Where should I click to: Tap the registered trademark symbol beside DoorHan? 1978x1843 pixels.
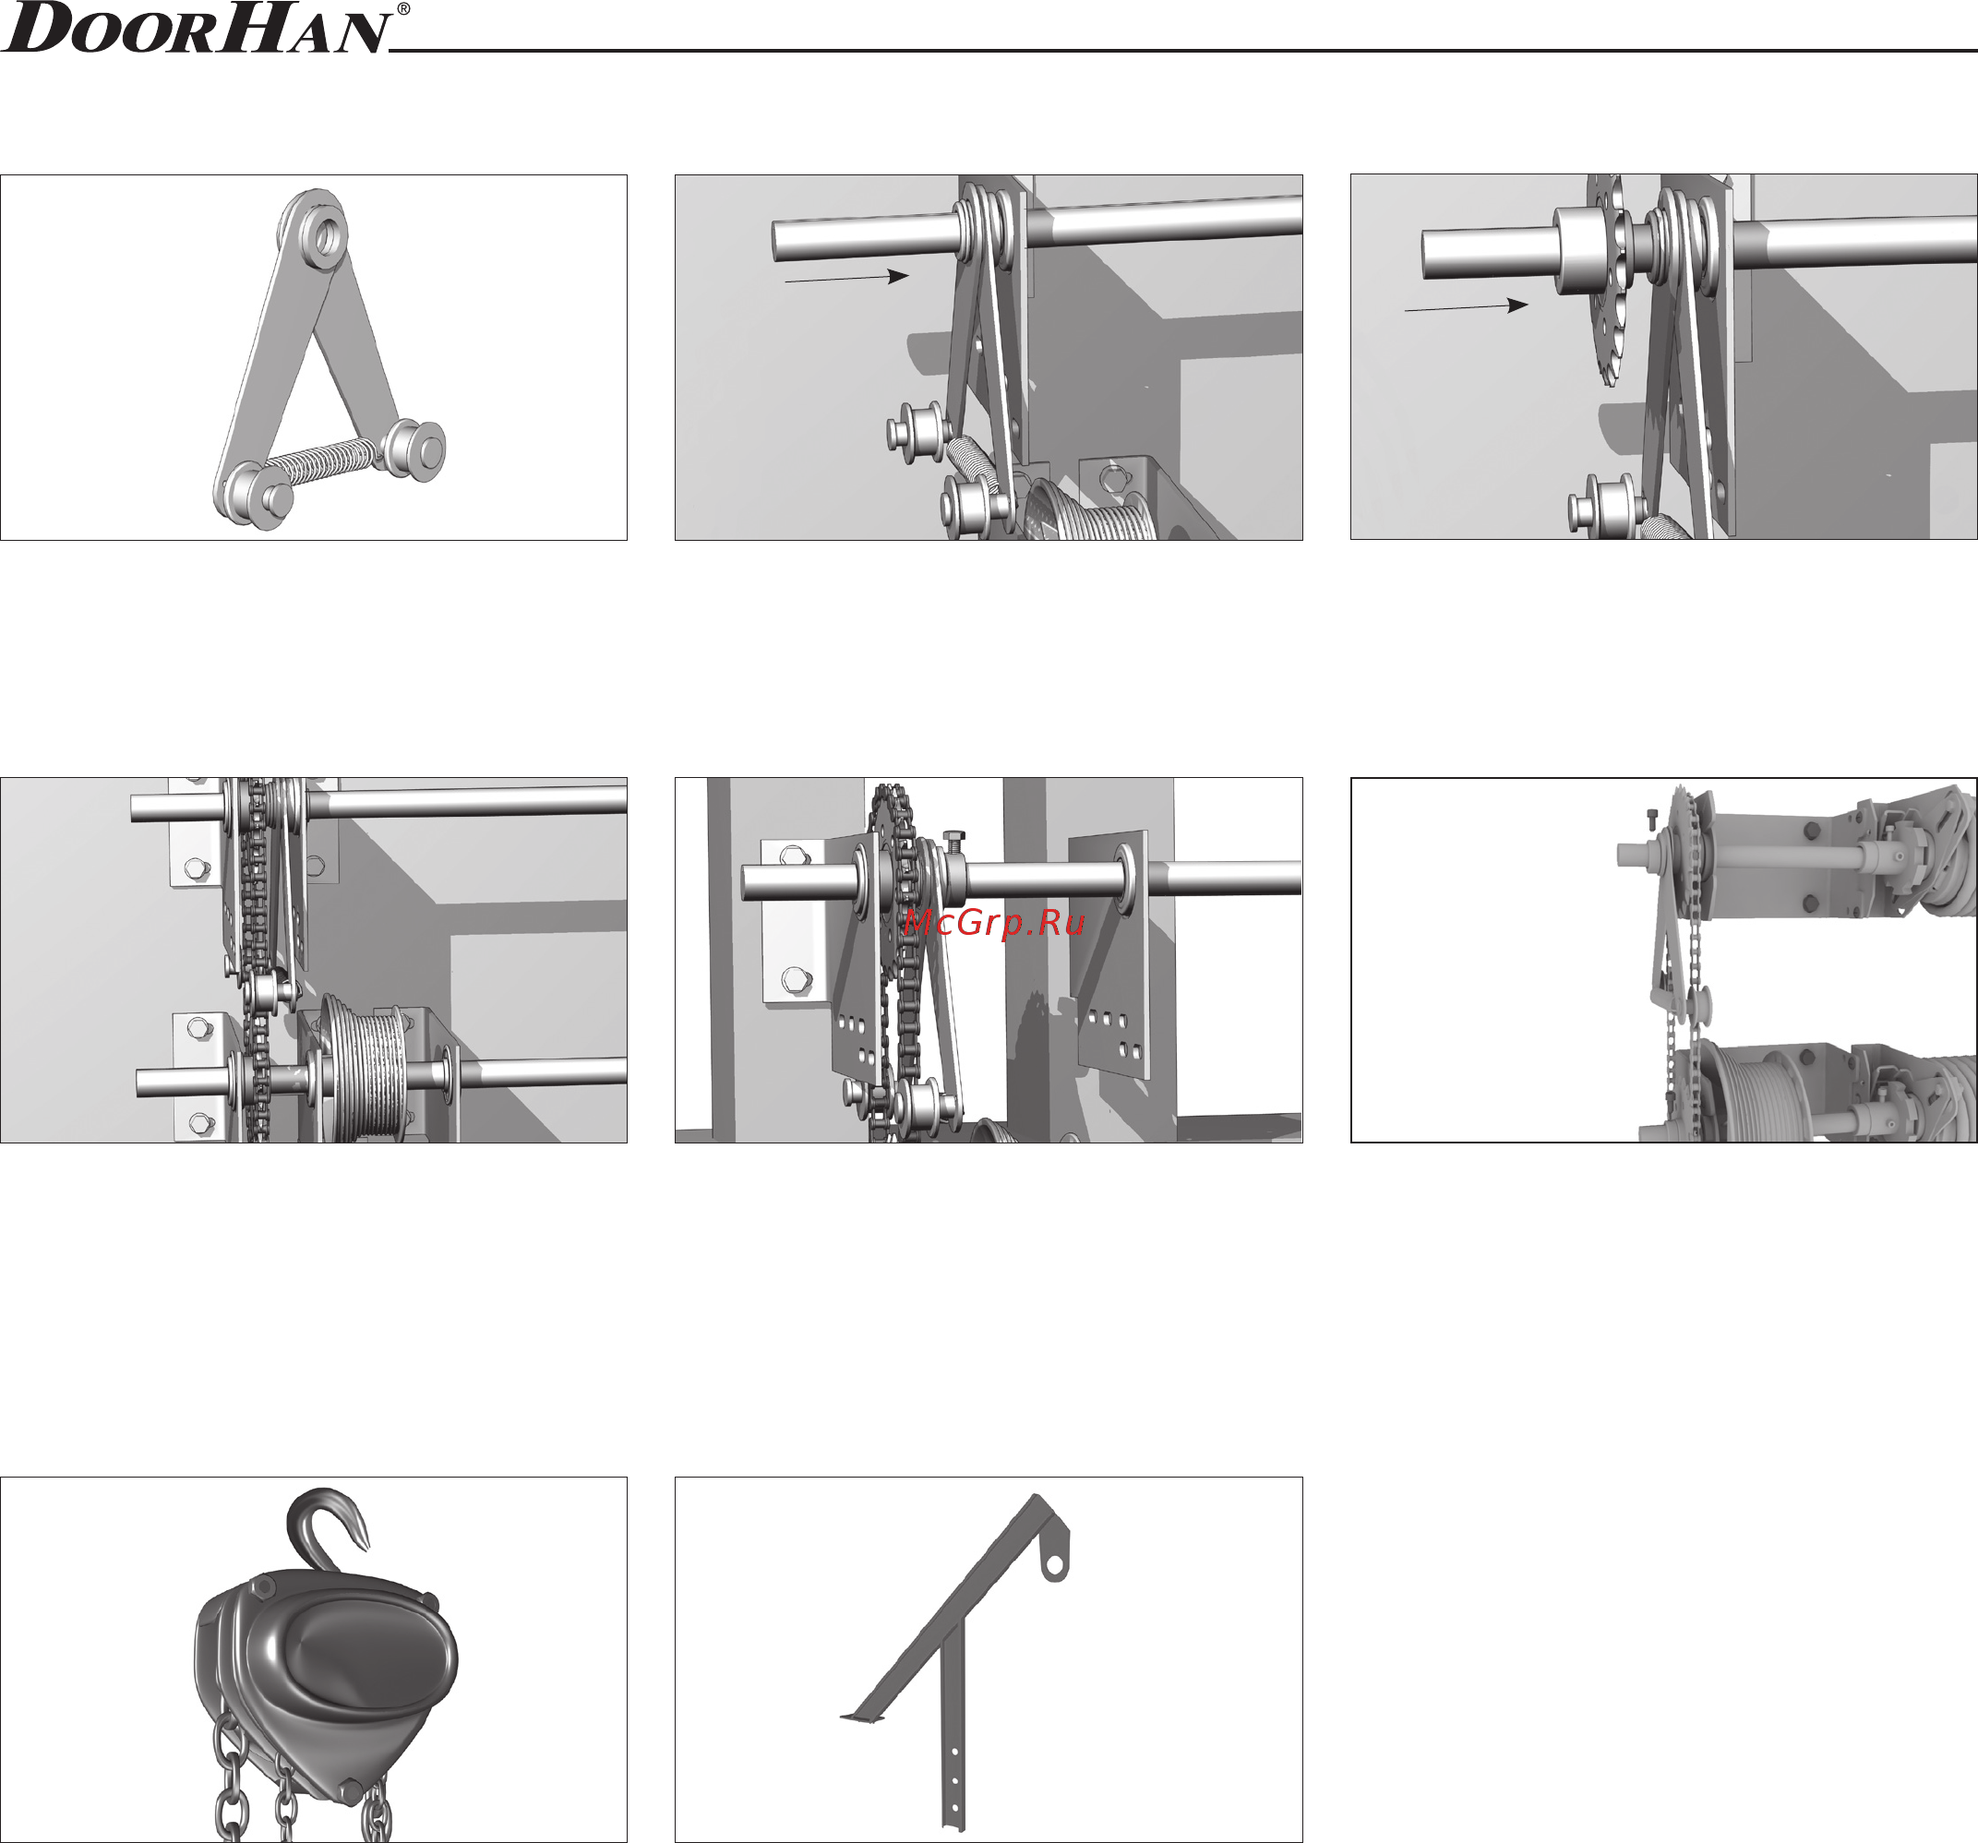coord(403,9)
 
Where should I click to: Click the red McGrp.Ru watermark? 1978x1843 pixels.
coord(994,923)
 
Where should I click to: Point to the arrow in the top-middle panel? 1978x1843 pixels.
coord(846,278)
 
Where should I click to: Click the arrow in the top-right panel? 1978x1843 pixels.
coord(1466,306)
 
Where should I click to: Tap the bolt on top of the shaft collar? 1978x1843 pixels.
coord(953,842)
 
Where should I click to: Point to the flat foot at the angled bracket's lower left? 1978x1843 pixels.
coord(863,1717)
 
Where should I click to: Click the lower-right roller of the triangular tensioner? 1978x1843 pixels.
coord(417,450)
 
